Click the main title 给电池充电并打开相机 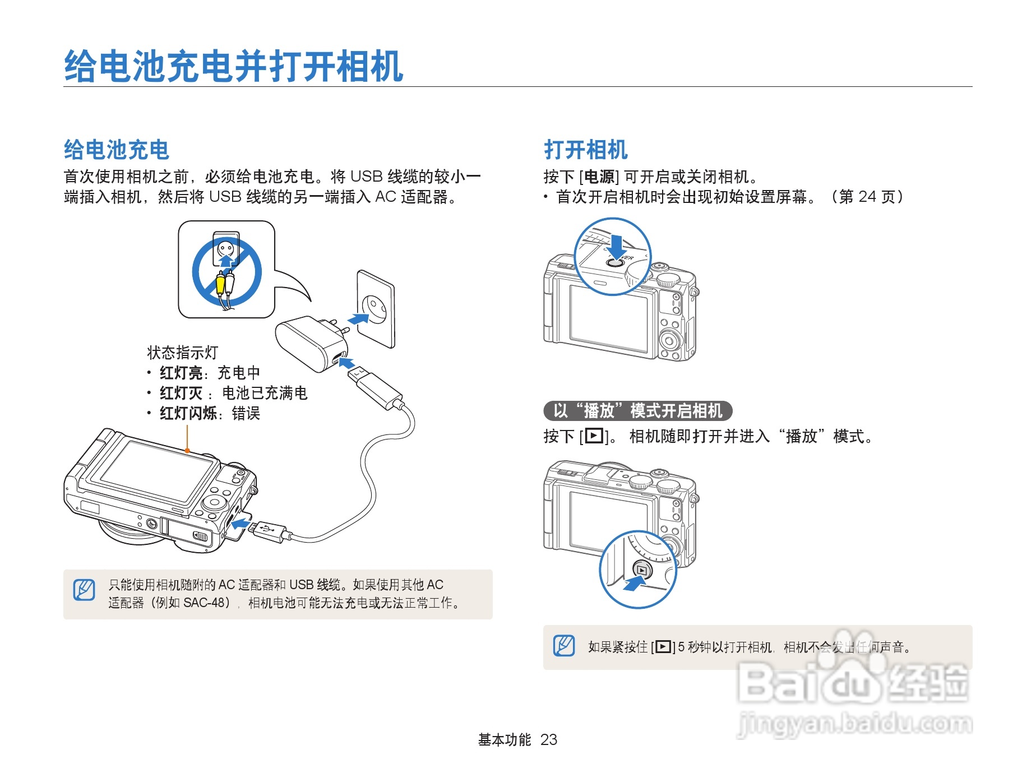pos(233,66)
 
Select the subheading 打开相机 pos(585,150)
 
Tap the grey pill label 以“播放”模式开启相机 pos(637,411)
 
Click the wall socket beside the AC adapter pos(376,308)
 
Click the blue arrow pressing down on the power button pos(616,246)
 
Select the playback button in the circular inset pos(642,570)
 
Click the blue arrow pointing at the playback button pos(633,584)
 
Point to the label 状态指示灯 pos(182,353)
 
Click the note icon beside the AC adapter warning pos(84,590)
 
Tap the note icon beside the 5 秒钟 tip pos(564,646)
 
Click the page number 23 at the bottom pos(549,740)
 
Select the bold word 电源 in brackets pos(599,177)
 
